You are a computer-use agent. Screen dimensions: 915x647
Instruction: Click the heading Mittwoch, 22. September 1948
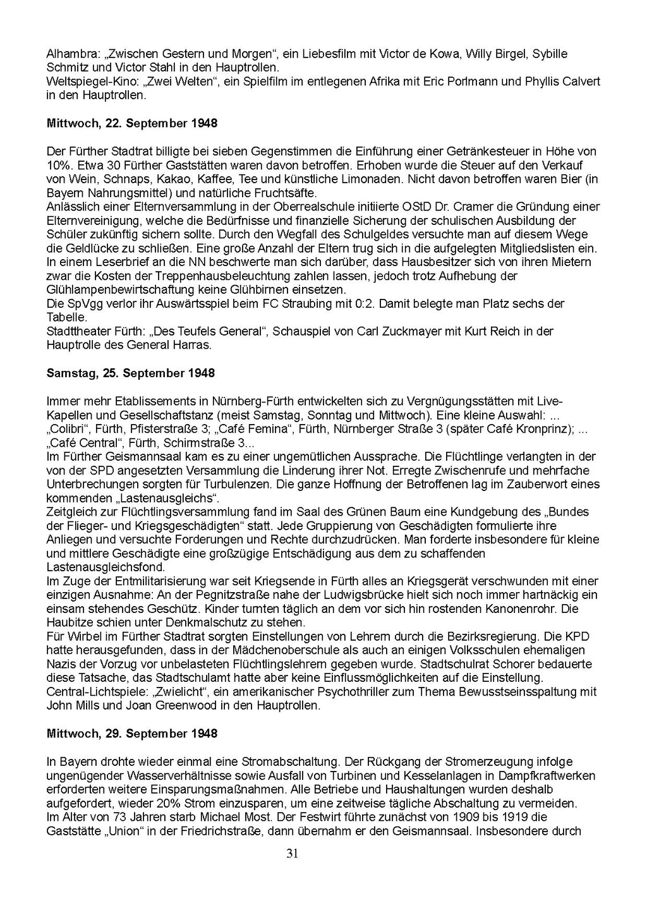pyautogui.click(x=132, y=123)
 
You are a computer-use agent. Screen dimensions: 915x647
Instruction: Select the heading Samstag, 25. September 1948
pyautogui.click(x=131, y=373)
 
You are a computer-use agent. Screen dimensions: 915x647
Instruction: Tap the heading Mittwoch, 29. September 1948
pyautogui.click(x=132, y=733)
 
